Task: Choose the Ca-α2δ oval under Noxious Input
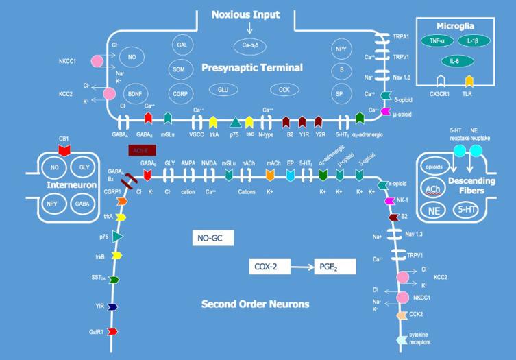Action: pyautogui.click(x=249, y=45)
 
